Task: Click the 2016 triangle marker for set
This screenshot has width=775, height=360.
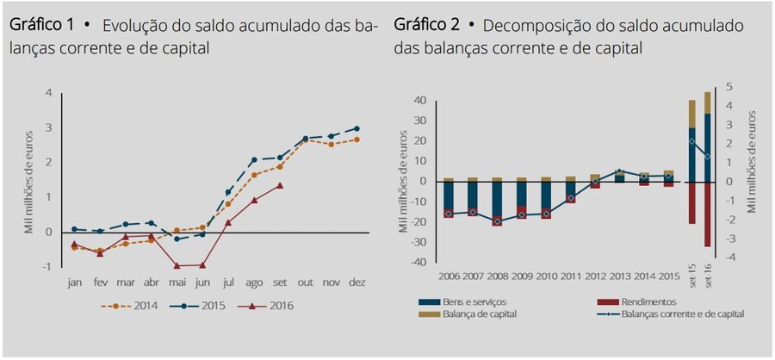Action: (280, 184)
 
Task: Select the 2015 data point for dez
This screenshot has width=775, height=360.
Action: (356, 128)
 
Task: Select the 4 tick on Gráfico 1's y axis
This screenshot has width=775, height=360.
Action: (48, 92)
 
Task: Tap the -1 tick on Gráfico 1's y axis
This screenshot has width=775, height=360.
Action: (46, 266)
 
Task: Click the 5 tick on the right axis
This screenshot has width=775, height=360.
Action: (729, 87)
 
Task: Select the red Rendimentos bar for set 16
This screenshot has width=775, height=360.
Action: (708, 214)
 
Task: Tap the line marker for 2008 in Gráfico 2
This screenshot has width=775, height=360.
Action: (497, 221)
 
